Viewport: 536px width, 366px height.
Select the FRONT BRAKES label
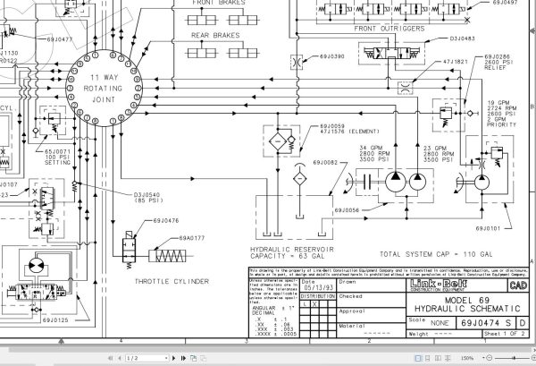[x=214, y=4]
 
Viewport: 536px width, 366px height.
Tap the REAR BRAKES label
[x=213, y=36]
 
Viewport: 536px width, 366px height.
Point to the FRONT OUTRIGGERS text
[x=389, y=28]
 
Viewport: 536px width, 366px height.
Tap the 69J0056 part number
[x=347, y=210]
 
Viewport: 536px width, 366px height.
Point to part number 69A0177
[x=192, y=238]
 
